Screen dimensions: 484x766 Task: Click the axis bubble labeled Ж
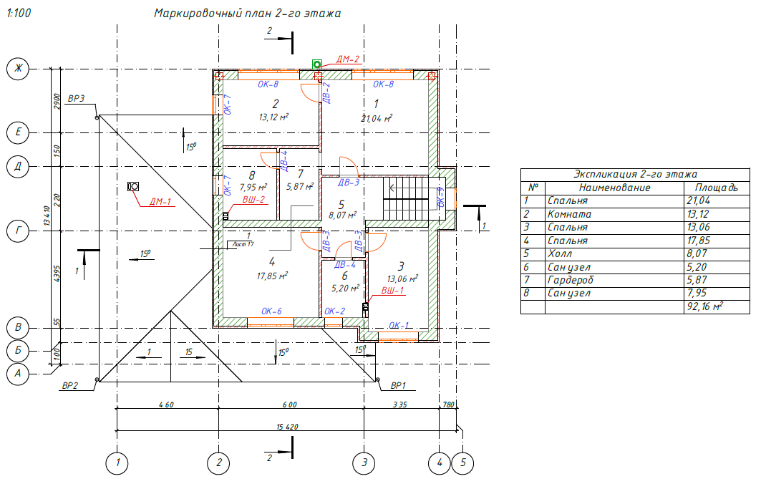click(x=16, y=69)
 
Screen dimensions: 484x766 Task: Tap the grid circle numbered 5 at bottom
click(x=463, y=463)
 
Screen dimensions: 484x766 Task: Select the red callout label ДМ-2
click(x=346, y=59)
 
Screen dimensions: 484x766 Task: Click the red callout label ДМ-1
click(x=160, y=201)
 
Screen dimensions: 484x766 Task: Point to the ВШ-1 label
click(x=392, y=291)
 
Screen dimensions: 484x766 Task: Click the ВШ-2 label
click(x=254, y=200)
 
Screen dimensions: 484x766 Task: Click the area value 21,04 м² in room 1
click(x=377, y=118)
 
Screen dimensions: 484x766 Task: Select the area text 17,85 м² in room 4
click(x=272, y=275)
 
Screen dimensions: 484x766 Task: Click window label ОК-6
click(x=271, y=311)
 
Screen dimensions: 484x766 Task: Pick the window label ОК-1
click(x=399, y=326)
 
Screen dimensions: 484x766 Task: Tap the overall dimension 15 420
click(x=286, y=427)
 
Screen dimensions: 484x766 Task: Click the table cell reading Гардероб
click(x=571, y=280)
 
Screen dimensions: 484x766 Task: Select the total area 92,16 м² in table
click(x=704, y=306)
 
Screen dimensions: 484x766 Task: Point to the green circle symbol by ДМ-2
click(x=316, y=64)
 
